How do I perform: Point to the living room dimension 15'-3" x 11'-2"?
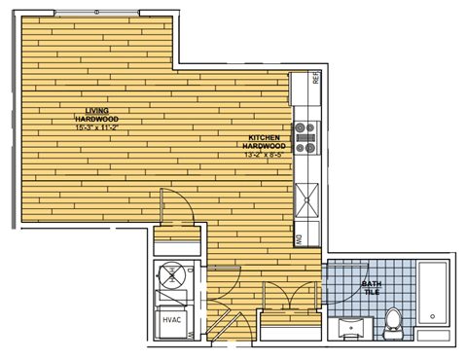(95, 127)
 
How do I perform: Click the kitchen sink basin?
(307, 198)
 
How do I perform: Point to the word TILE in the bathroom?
(371, 292)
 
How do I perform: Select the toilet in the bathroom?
(393, 319)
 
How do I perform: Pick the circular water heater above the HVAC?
(171, 276)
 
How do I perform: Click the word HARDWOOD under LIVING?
(95, 120)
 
